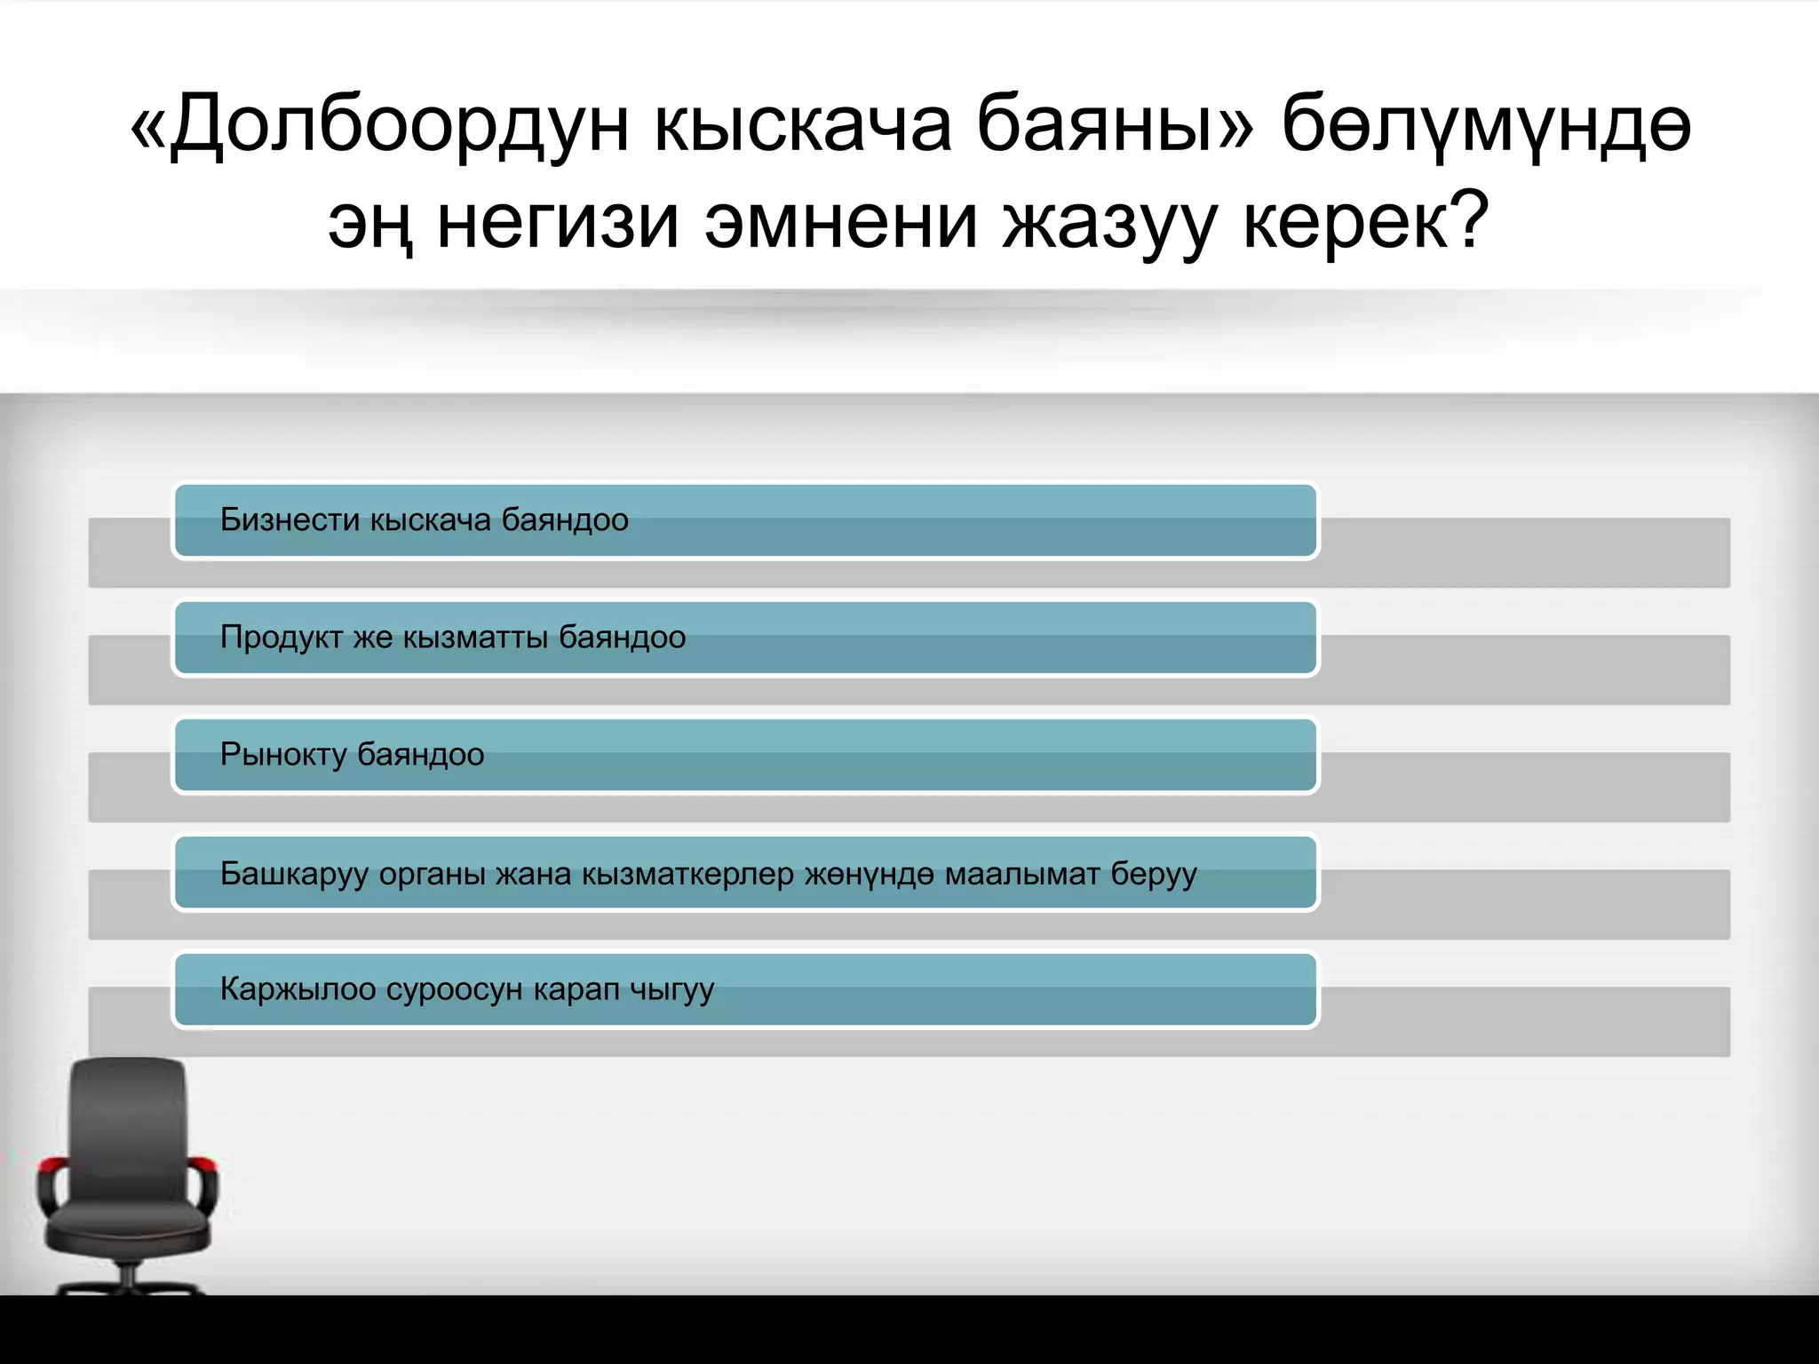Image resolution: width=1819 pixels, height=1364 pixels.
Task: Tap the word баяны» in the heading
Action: tap(1115, 126)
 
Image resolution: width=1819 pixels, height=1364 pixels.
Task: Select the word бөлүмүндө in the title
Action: tap(1486, 126)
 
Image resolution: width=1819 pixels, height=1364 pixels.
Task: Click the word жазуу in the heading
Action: tap(1109, 222)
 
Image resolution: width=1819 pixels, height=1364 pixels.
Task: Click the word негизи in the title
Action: tap(559, 222)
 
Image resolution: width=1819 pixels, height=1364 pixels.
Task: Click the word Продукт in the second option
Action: tap(282, 638)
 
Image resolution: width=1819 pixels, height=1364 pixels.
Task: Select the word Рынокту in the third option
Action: tap(283, 755)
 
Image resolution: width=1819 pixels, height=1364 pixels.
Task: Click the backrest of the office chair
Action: tap(129, 1128)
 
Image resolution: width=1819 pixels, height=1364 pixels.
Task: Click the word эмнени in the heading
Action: tap(841, 222)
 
